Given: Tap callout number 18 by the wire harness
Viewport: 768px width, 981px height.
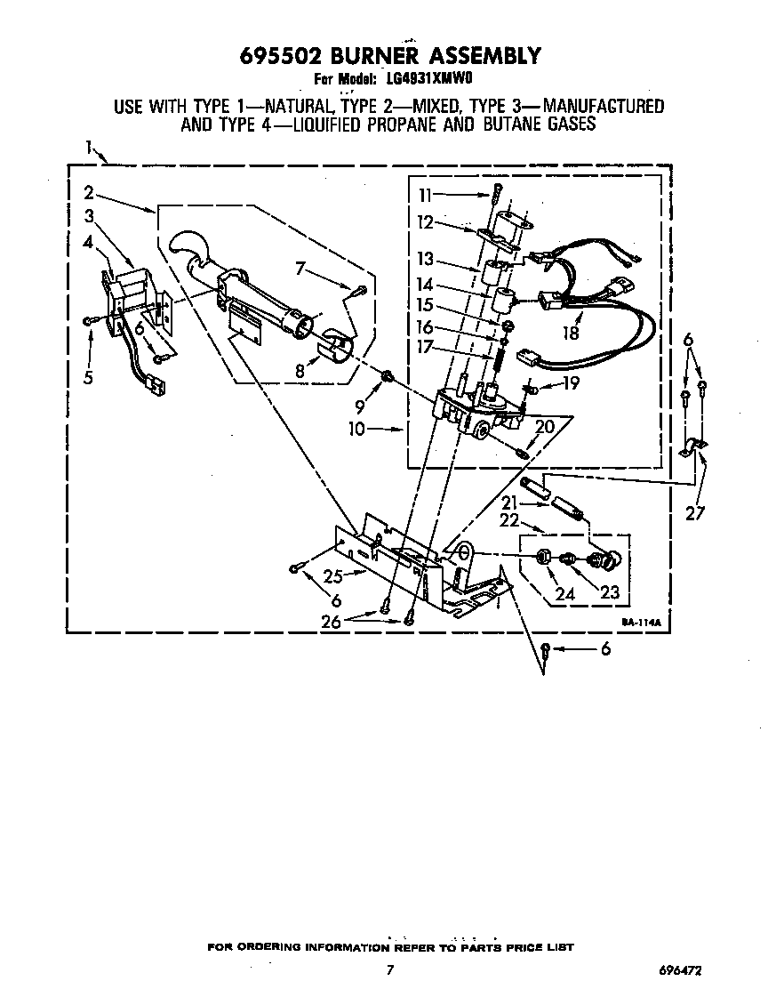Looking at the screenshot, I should (x=571, y=333).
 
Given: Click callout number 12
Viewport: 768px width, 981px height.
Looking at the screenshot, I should (x=425, y=222).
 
